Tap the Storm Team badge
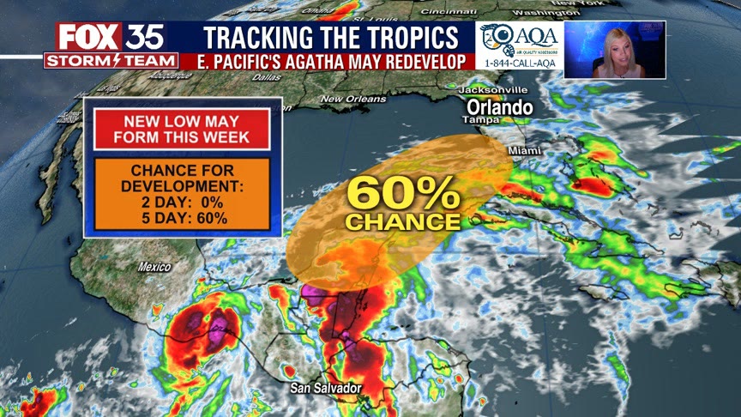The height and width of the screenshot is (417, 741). [x=111, y=61]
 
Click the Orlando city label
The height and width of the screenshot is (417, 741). [x=500, y=108]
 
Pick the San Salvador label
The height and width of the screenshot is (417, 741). [x=324, y=389]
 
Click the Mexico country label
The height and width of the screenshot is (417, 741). [x=154, y=267]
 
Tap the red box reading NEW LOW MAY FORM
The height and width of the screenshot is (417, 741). [x=184, y=128]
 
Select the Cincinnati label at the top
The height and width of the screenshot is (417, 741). [x=445, y=13]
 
